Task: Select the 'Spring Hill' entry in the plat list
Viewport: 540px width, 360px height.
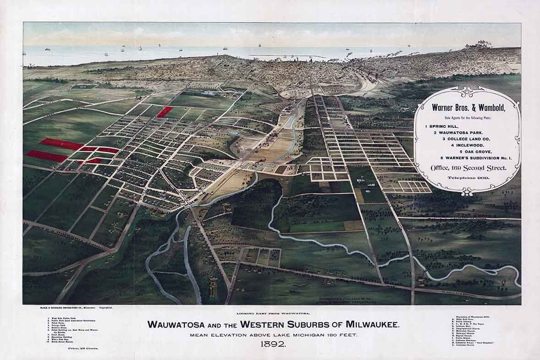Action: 442,125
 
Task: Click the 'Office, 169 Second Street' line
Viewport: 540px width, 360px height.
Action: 467,168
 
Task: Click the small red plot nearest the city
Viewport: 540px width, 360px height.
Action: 165,112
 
